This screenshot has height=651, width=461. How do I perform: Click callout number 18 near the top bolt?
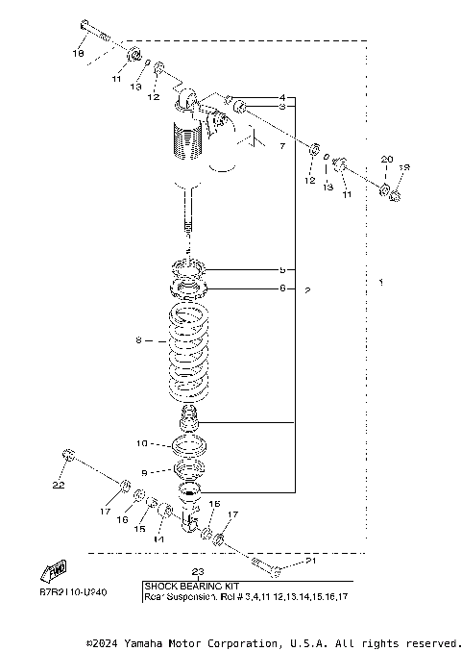80,55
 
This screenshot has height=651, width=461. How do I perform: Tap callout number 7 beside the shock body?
282,147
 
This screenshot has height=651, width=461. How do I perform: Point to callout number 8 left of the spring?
138,339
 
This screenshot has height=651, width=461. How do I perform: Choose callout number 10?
140,444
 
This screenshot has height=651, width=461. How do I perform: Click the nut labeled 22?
68,452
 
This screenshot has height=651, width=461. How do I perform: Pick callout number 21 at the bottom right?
309,562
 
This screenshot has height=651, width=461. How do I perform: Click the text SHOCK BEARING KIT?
192,585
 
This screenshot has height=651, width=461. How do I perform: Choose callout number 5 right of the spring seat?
282,269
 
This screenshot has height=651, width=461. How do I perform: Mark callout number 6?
282,288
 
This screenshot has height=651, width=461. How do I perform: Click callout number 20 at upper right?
387,159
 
